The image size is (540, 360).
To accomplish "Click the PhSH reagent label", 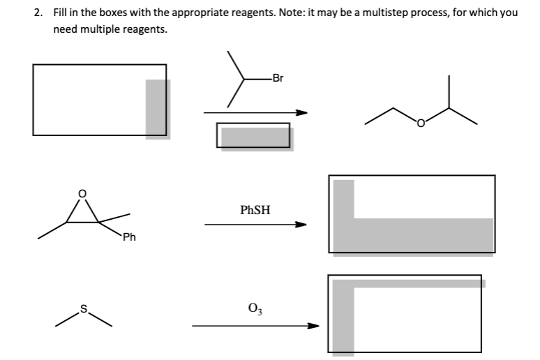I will pos(255,209).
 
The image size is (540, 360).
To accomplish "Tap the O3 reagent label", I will pos(255,307).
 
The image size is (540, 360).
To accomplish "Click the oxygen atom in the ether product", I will pos(421,125).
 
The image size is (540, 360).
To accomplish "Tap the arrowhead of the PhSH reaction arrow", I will pos(300,225).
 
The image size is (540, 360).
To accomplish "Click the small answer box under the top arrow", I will pos(253,135).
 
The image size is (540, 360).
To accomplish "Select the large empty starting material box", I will pos(99,100).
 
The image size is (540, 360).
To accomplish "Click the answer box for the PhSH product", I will pos(412,213).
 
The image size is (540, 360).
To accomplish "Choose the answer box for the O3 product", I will pos(405,313).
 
